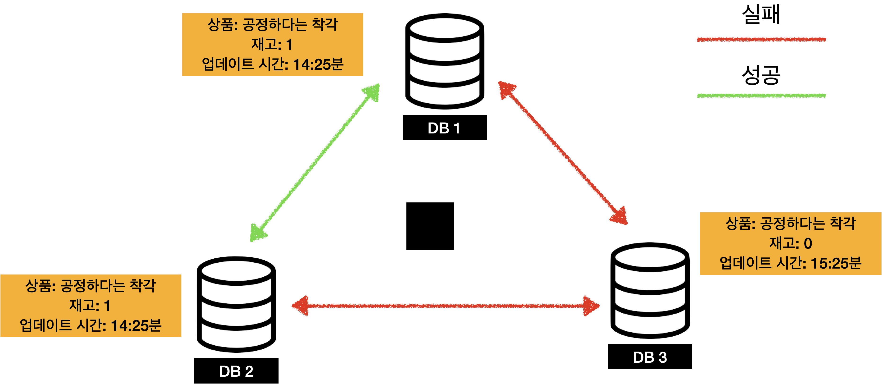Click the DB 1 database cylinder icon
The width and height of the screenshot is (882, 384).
point(444,61)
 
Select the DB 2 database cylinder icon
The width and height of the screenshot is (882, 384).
point(236,304)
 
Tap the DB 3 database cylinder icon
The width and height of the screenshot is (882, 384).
point(650,290)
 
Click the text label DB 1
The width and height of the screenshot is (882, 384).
point(444,128)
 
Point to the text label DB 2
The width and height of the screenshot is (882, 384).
point(236,371)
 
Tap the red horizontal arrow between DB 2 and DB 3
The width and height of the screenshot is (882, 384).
point(445,306)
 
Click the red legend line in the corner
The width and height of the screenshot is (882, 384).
point(761,40)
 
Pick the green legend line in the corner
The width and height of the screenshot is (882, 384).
point(761,96)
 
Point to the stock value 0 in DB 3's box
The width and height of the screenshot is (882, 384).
point(808,243)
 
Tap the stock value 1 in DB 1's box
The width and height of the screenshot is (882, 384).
point(289,45)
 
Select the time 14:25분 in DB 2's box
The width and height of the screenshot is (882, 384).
point(136,325)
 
